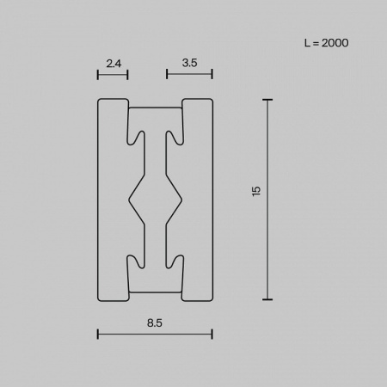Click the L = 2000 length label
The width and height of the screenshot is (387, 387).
326,41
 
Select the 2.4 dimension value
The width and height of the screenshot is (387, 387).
113,62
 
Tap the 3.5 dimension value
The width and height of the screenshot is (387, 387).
190,62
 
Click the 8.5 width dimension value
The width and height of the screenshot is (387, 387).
155,324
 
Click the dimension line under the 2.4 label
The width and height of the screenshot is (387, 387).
113,75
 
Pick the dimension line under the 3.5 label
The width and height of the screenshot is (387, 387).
189,75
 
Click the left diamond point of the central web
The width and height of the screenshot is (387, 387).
130,200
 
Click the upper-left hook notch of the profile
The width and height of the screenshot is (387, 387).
134,136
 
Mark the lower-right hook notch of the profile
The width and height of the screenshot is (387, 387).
175,263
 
